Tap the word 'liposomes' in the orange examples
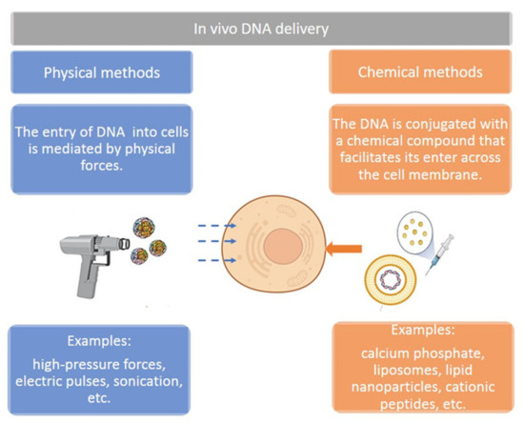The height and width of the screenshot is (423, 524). [371, 373]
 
